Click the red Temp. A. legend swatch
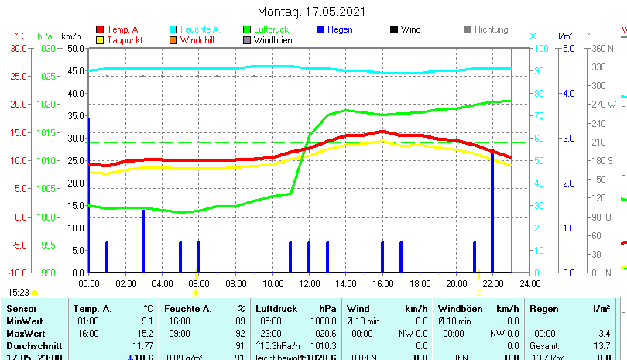point(100,29)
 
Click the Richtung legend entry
point(491,29)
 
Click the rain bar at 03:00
point(142,241)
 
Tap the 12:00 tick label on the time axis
point(309,283)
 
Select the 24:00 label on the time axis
point(529,283)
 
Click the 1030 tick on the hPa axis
point(46,48)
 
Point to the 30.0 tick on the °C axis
point(19,48)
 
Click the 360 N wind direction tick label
point(601,48)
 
